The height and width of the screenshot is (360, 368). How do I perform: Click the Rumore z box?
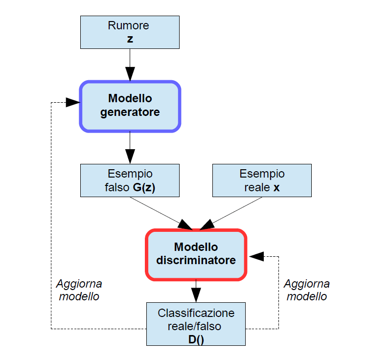(x=130, y=32)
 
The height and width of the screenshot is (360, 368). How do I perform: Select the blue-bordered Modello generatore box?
(x=130, y=106)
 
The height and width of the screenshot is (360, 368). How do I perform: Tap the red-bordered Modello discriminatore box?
(x=196, y=254)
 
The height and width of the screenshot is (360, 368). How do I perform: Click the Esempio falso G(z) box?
(x=130, y=180)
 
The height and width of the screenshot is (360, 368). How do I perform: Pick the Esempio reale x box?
(x=262, y=180)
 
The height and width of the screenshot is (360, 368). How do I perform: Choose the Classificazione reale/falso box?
(x=196, y=324)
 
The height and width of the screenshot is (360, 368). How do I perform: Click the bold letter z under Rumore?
(x=130, y=39)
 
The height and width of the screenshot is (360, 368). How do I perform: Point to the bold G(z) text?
(x=143, y=187)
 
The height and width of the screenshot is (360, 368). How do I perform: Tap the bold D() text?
(x=196, y=338)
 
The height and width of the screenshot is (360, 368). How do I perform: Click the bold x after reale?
(x=276, y=187)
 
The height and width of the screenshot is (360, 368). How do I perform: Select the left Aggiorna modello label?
(x=79, y=290)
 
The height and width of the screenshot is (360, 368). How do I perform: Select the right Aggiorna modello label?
(x=307, y=290)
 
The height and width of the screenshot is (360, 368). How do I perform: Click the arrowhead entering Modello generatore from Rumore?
(x=130, y=74)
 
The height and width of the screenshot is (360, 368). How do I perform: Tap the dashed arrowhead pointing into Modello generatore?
(x=73, y=102)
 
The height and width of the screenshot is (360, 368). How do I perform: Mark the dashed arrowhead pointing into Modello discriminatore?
(x=255, y=256)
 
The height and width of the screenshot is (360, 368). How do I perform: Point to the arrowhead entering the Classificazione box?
(x=196, y=295)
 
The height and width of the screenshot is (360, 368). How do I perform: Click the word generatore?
(x=130, y=112)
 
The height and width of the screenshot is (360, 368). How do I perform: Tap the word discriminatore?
(x=196, y=260)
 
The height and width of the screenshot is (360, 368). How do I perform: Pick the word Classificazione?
(x=196, y=313)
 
